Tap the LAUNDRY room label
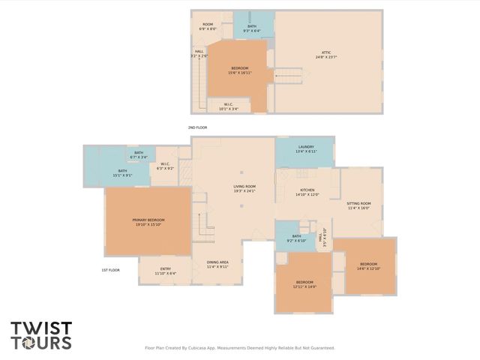pos(305,147)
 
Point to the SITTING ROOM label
pos(358,203)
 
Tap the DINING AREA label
pos(217,262)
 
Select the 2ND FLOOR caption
pos(197,127)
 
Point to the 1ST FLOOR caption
pos(110,270)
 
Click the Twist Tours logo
pos(41,336)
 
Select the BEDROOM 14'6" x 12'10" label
pos(368,266)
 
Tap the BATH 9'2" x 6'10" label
pos(296,238)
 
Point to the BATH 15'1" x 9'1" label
pos(122,173)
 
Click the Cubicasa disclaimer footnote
pos(239,348)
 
